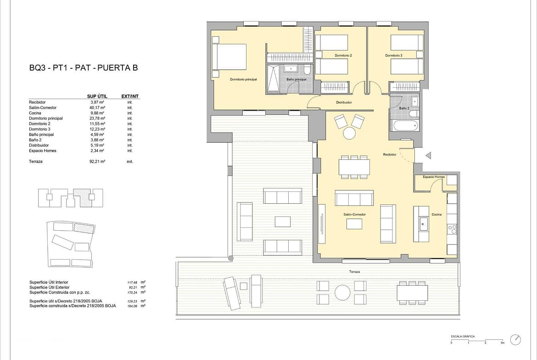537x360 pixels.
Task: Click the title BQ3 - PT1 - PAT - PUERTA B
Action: pyautogui.click(x=84, y=67)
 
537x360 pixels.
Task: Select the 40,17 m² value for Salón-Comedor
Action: pyautogui.click(x=97, y=107)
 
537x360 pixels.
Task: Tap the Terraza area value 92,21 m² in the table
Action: pyautogui.click(x=97, y=161)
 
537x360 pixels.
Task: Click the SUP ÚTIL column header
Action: pyautogui.click(x=97, y=96)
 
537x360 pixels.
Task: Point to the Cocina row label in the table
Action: pyautogui.click(x=35, y=113)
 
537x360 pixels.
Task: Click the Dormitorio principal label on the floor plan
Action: pyautogui.click(x=243, y=79)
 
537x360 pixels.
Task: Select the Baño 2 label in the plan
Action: pyautogui.click(x=404, y=108)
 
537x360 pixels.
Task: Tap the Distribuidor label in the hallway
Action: pyautogui.click(x=344, y=102)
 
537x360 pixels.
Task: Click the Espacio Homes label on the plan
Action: pyautogui.click(x=434, y=177)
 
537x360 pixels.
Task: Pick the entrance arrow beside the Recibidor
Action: pyautogui.click(x=428, y=156)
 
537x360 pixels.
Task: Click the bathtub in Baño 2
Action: pyautogui.click(x=406, y=125)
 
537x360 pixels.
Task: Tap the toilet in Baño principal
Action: pyautogui.click(x=307, y=70)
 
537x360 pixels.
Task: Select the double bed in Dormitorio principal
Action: pyautogui.click(x=229, y=57)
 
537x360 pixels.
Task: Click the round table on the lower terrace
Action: pyautogui.click(x=342, y=293)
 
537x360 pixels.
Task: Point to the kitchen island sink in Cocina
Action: pyautogui.click(x=424, y=225)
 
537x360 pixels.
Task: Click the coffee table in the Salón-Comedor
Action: pyautogui.click(x=354, y=224)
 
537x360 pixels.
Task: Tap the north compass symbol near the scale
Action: pyautogui.click(x=515, y=340)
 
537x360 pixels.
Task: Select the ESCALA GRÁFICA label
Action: pyautogui.click(x=463, y=337)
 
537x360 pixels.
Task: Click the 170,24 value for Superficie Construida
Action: pyautogui.click(x=132, y=293)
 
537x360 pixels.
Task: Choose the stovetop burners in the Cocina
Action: pyautogui.click(x=452, y=229)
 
